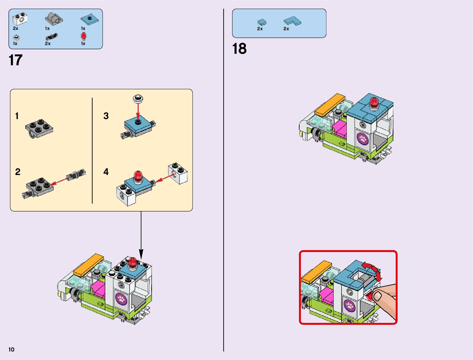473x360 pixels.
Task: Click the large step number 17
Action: point(16,60)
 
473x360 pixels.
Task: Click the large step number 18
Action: point(239,49)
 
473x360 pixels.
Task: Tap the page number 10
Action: point(11,349)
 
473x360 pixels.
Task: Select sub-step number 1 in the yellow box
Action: point(17,116)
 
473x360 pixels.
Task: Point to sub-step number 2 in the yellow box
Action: point(18,172)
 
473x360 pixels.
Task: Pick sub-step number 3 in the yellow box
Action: point(106,116)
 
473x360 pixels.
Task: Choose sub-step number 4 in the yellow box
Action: point(106,172)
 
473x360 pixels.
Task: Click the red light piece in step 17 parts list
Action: point(83,36)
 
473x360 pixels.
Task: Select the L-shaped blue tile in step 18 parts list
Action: point(292,21)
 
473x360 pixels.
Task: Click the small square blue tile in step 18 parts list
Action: point(262,22)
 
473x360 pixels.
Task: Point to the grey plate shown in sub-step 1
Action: point(39,129)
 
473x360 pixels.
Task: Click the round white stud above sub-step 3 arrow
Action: point(138,98)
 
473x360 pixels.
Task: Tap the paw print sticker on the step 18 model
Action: point(362,139)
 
